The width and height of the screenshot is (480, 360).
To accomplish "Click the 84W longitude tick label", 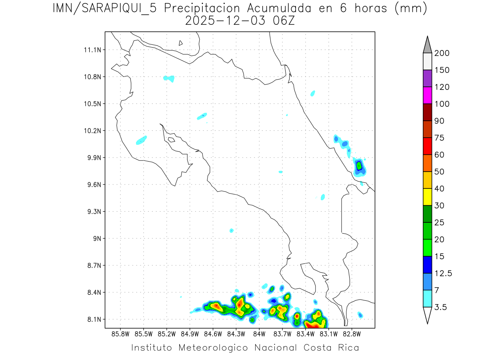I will click(x=259, y=333).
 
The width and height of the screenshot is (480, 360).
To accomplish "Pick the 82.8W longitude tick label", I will click(x=352, y=333).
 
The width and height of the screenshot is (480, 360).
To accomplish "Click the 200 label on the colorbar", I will click(x=442, y=53).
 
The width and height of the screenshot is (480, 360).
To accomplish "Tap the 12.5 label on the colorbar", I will click(x=443, y=273).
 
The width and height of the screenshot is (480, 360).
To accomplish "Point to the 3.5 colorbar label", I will click(x=440, y=307).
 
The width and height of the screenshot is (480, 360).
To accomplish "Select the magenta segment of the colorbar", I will click(x=427, y=95).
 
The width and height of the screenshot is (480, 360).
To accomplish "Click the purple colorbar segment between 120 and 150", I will click(x=427, y=78).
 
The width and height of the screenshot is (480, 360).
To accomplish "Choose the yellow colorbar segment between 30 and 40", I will click(x=427, y=196).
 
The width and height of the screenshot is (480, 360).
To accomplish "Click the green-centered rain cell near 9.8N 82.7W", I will click(x=359, y=166).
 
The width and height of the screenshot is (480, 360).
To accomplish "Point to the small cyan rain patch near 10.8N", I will click(x=170, y=78).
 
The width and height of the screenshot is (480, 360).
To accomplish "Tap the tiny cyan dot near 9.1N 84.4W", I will click(x=231, y=230).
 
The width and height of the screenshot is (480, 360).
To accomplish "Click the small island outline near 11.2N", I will click(x=181, y=43).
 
